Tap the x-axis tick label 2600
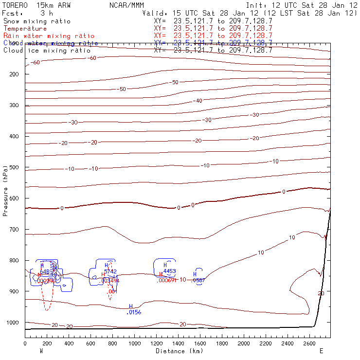(x=314, y=343)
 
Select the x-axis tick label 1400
(x=178, y=343)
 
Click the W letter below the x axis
(x=41, y=350)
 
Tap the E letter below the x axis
(x=321, y=350)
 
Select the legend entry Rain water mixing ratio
(x=49, y=36)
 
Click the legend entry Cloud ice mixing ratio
(x=47, y=50)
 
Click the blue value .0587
(x=198, y=280)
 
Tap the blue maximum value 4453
(x=169, y=271)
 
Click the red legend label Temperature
(x=25, y=29)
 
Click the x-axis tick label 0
(x=25, y=343)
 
